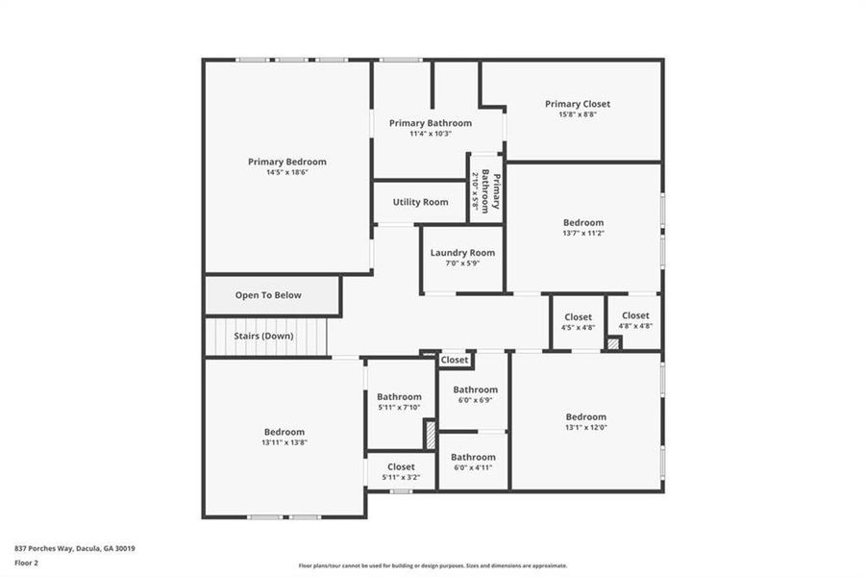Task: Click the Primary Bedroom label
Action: (286, 162)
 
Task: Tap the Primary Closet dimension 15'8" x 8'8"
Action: (577, 114)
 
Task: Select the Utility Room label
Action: (420, 202)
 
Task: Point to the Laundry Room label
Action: (462, 253)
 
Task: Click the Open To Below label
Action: (268, 295)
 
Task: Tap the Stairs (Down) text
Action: (263, 337)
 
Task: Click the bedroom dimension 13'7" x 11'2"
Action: (582, 233)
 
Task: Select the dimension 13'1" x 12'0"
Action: (585, 427)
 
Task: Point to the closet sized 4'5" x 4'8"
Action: (578, 327)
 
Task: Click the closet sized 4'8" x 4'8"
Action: (634, 326)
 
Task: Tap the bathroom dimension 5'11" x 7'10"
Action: (399, 407)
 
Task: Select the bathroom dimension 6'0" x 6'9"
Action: (475, 400)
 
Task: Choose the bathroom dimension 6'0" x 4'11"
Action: (473, 467)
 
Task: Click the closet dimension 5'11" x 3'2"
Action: (401, 477)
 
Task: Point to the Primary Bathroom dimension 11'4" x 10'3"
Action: (430, 134)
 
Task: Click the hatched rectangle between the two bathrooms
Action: (431, 434)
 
